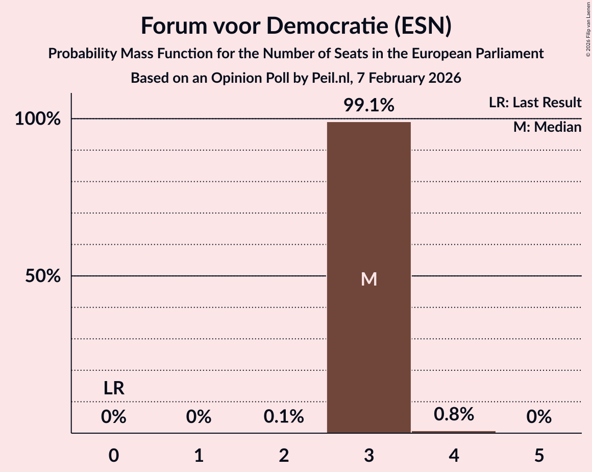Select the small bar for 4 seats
(x=454, y=432)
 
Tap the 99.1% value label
(x=368, y=105)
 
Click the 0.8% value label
(x=454, y=414)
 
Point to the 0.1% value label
(x=284, y=417)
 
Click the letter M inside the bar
(x=368, y=279)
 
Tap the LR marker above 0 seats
(x=114, y=388)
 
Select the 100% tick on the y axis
(x=38, y=119)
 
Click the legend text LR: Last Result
(x=535, y=103)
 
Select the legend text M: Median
(x=547, y=127)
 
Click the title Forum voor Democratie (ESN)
(x=296, y=26)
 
